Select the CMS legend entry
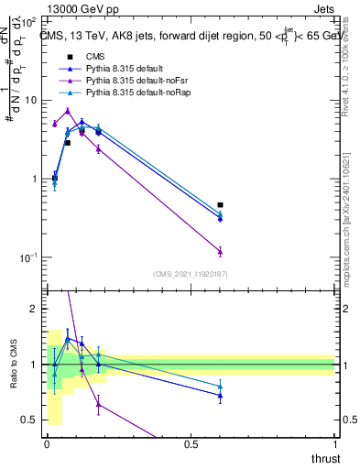click(x=96, y=57)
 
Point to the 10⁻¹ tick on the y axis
click(x=27, y=258)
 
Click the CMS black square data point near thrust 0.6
click(x=220, y=205)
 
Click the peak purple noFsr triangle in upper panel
click(x=68, y=111)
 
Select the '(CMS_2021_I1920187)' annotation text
click(x=190, y=274)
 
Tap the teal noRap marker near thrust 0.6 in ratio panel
click(x=220, y=386)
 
